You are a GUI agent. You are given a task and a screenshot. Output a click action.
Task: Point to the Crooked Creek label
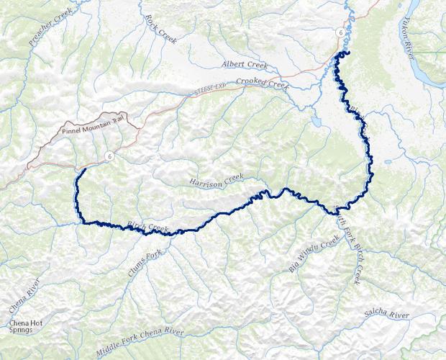click(262, 84)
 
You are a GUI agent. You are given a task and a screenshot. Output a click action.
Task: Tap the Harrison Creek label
click(217, 183)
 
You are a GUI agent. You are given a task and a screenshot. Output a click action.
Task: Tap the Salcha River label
click(387, 314)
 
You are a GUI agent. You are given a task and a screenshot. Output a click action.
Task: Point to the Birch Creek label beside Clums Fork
click(147, 228)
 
